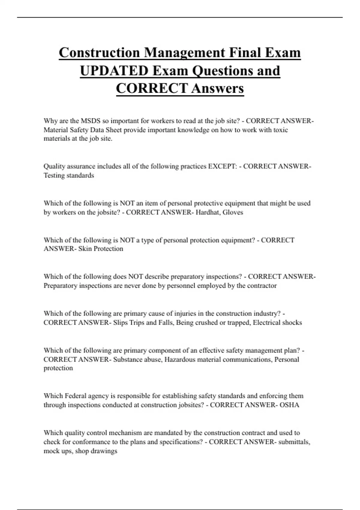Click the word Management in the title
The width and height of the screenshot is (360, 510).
pos(184,53)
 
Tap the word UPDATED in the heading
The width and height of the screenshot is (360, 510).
pos(114,71)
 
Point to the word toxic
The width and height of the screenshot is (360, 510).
pos(280,130)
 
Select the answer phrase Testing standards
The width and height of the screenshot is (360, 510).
pos(69,175)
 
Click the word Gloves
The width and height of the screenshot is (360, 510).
pos(233,212)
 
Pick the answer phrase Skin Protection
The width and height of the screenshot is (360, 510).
pos(100,249)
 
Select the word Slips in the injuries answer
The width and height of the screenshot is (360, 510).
pos(120,322)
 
